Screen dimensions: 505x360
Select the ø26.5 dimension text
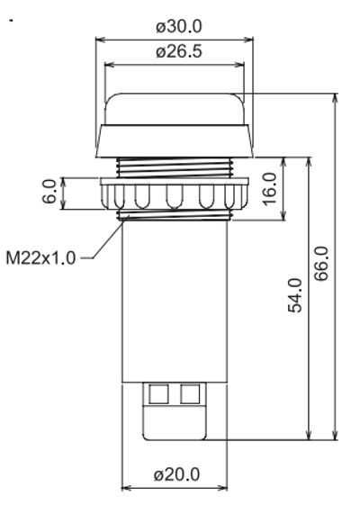(x=177, y=52)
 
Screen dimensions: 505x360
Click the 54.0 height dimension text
(x=294, y=297)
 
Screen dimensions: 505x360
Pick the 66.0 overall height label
(x=321, y=265)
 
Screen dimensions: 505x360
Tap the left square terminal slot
(x=159, y=393)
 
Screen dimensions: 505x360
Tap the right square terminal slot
(x=190, y=393)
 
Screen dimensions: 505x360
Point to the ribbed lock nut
(x=175, y=194)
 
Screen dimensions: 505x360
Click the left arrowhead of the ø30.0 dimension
(x=98, y=39)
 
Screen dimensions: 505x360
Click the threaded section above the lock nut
(x=175, y=167)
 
